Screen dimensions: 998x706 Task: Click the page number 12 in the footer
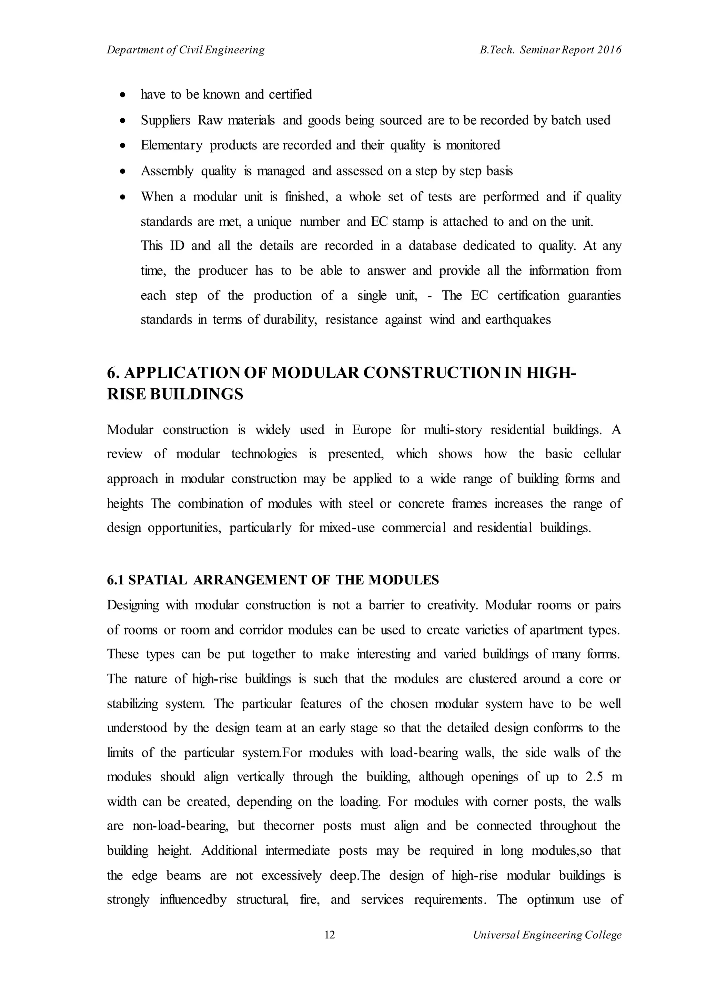[330, 935]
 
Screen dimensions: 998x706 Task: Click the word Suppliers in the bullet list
[165, 120]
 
